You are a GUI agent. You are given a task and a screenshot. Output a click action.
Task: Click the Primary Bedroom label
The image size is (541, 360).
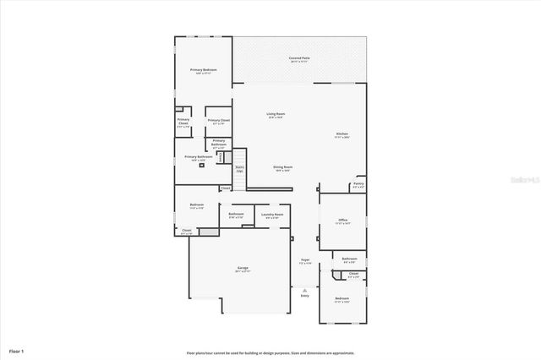[203, 70]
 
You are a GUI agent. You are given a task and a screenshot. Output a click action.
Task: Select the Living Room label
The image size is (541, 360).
[276, 115]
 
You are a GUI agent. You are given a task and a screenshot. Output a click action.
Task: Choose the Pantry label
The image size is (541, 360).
[358, 184]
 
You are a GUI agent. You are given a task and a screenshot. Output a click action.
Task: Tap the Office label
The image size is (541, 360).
[343, 221]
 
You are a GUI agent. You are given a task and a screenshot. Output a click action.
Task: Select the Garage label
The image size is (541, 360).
[243, 269]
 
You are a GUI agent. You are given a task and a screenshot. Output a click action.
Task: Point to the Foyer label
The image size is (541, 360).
[305, 261]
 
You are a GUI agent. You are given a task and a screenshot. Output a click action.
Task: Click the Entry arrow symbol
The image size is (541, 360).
[304, 289]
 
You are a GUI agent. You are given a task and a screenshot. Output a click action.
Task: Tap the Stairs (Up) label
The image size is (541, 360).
[239, 168]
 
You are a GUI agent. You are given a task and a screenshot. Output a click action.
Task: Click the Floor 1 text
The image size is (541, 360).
[17, 349]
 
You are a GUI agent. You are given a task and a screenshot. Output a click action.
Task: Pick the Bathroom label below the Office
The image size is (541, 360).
[349, 259]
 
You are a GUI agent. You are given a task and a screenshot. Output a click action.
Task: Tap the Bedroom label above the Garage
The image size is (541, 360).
[196, 205]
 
